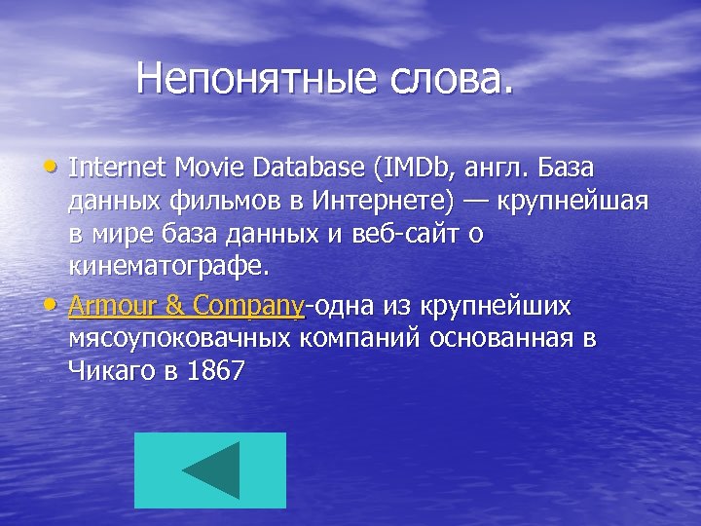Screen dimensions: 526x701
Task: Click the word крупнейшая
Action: pyautogui.click(x=573, y=201)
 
